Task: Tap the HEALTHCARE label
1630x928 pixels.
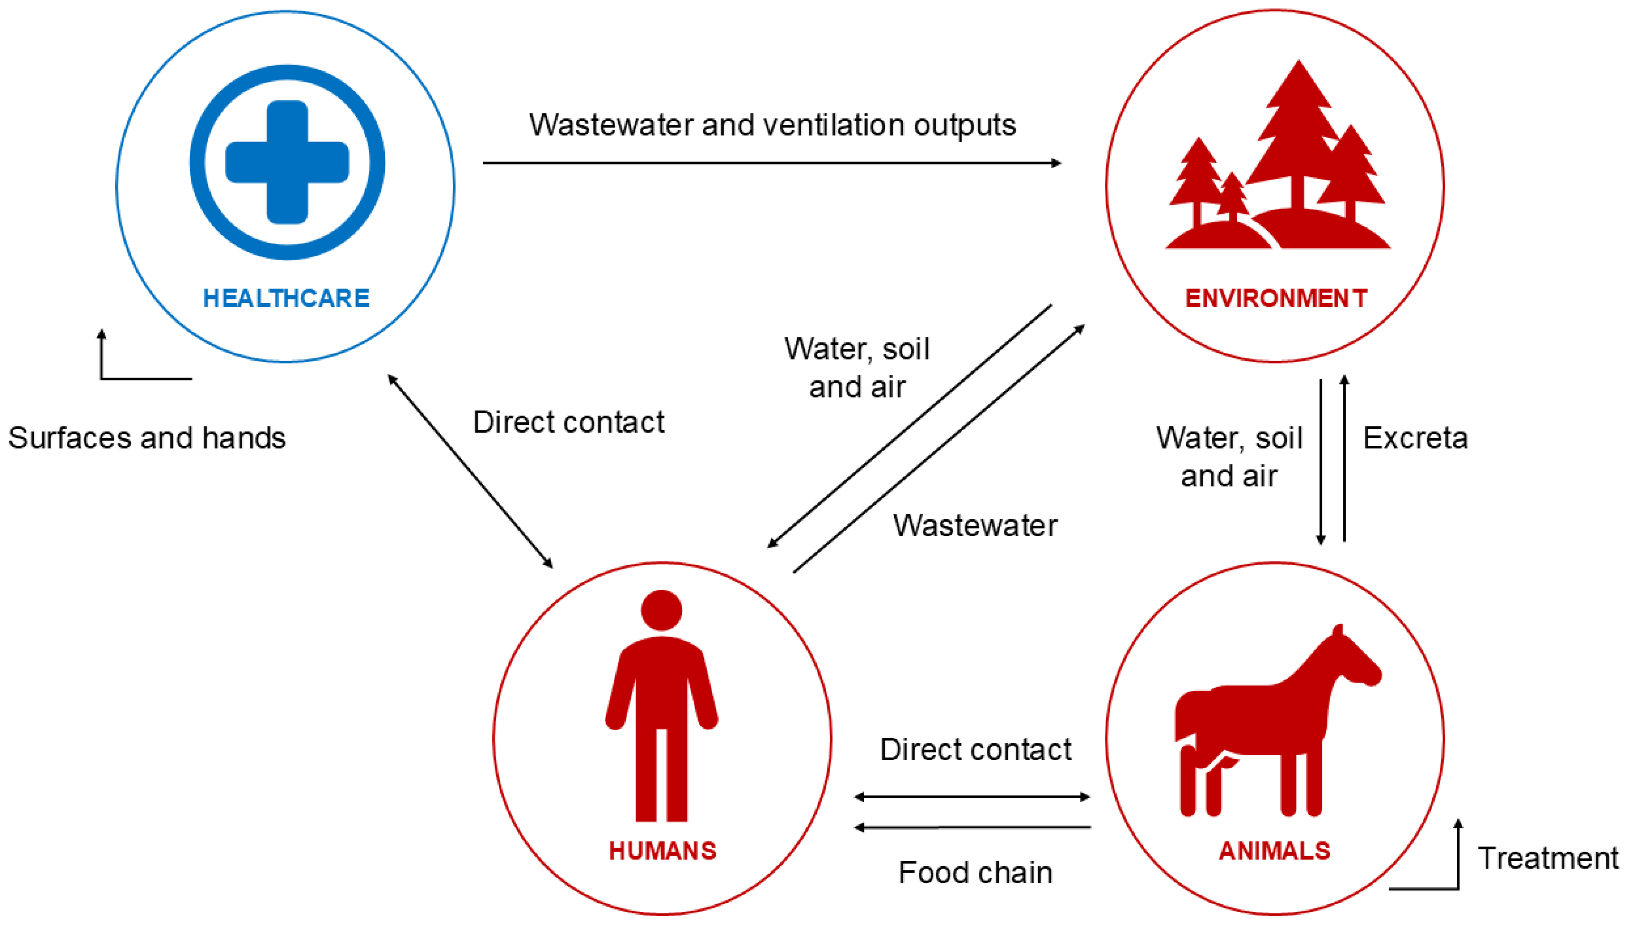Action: (286, 298)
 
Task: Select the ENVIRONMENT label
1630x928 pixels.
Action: (1276, 298)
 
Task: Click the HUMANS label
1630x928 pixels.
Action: (662, 851)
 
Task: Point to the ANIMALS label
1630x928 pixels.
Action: (1274, 851)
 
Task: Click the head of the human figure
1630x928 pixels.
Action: (661, 610)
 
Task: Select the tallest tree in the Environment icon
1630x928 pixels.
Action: (1298, 134)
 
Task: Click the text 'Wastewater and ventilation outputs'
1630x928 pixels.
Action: (772, 125)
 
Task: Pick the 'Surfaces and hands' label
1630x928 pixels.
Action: (147, 438)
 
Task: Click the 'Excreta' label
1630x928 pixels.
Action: (1415, 438)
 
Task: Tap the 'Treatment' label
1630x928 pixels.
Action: (1548, 858)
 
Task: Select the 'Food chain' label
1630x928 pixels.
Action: (975, 873)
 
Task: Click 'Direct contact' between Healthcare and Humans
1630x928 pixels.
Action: (568, 422)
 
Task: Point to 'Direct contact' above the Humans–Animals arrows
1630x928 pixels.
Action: (975, 750)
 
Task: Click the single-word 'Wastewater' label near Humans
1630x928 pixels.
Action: (975, 526)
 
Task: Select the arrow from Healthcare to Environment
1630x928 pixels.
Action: (771, 163)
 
